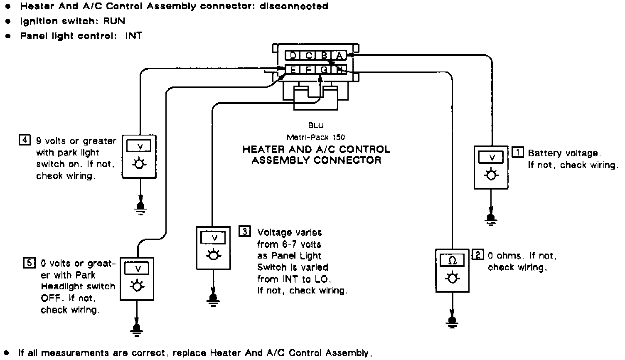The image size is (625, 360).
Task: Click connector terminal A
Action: [x=339, y=56]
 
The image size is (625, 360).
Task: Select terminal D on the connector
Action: [x=293, y=56]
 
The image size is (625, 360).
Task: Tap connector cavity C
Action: [x=308, y=56]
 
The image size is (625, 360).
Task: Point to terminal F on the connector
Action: [x=308, y=70]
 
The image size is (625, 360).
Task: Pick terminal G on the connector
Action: [x=324, y=70]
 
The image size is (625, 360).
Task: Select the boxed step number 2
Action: [x=478, y=255]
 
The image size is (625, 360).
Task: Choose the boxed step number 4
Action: [x=25, y=140]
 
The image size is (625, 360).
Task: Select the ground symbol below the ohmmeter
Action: [x=452, y=321]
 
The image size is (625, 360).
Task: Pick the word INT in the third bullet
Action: [x=134, y=36]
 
